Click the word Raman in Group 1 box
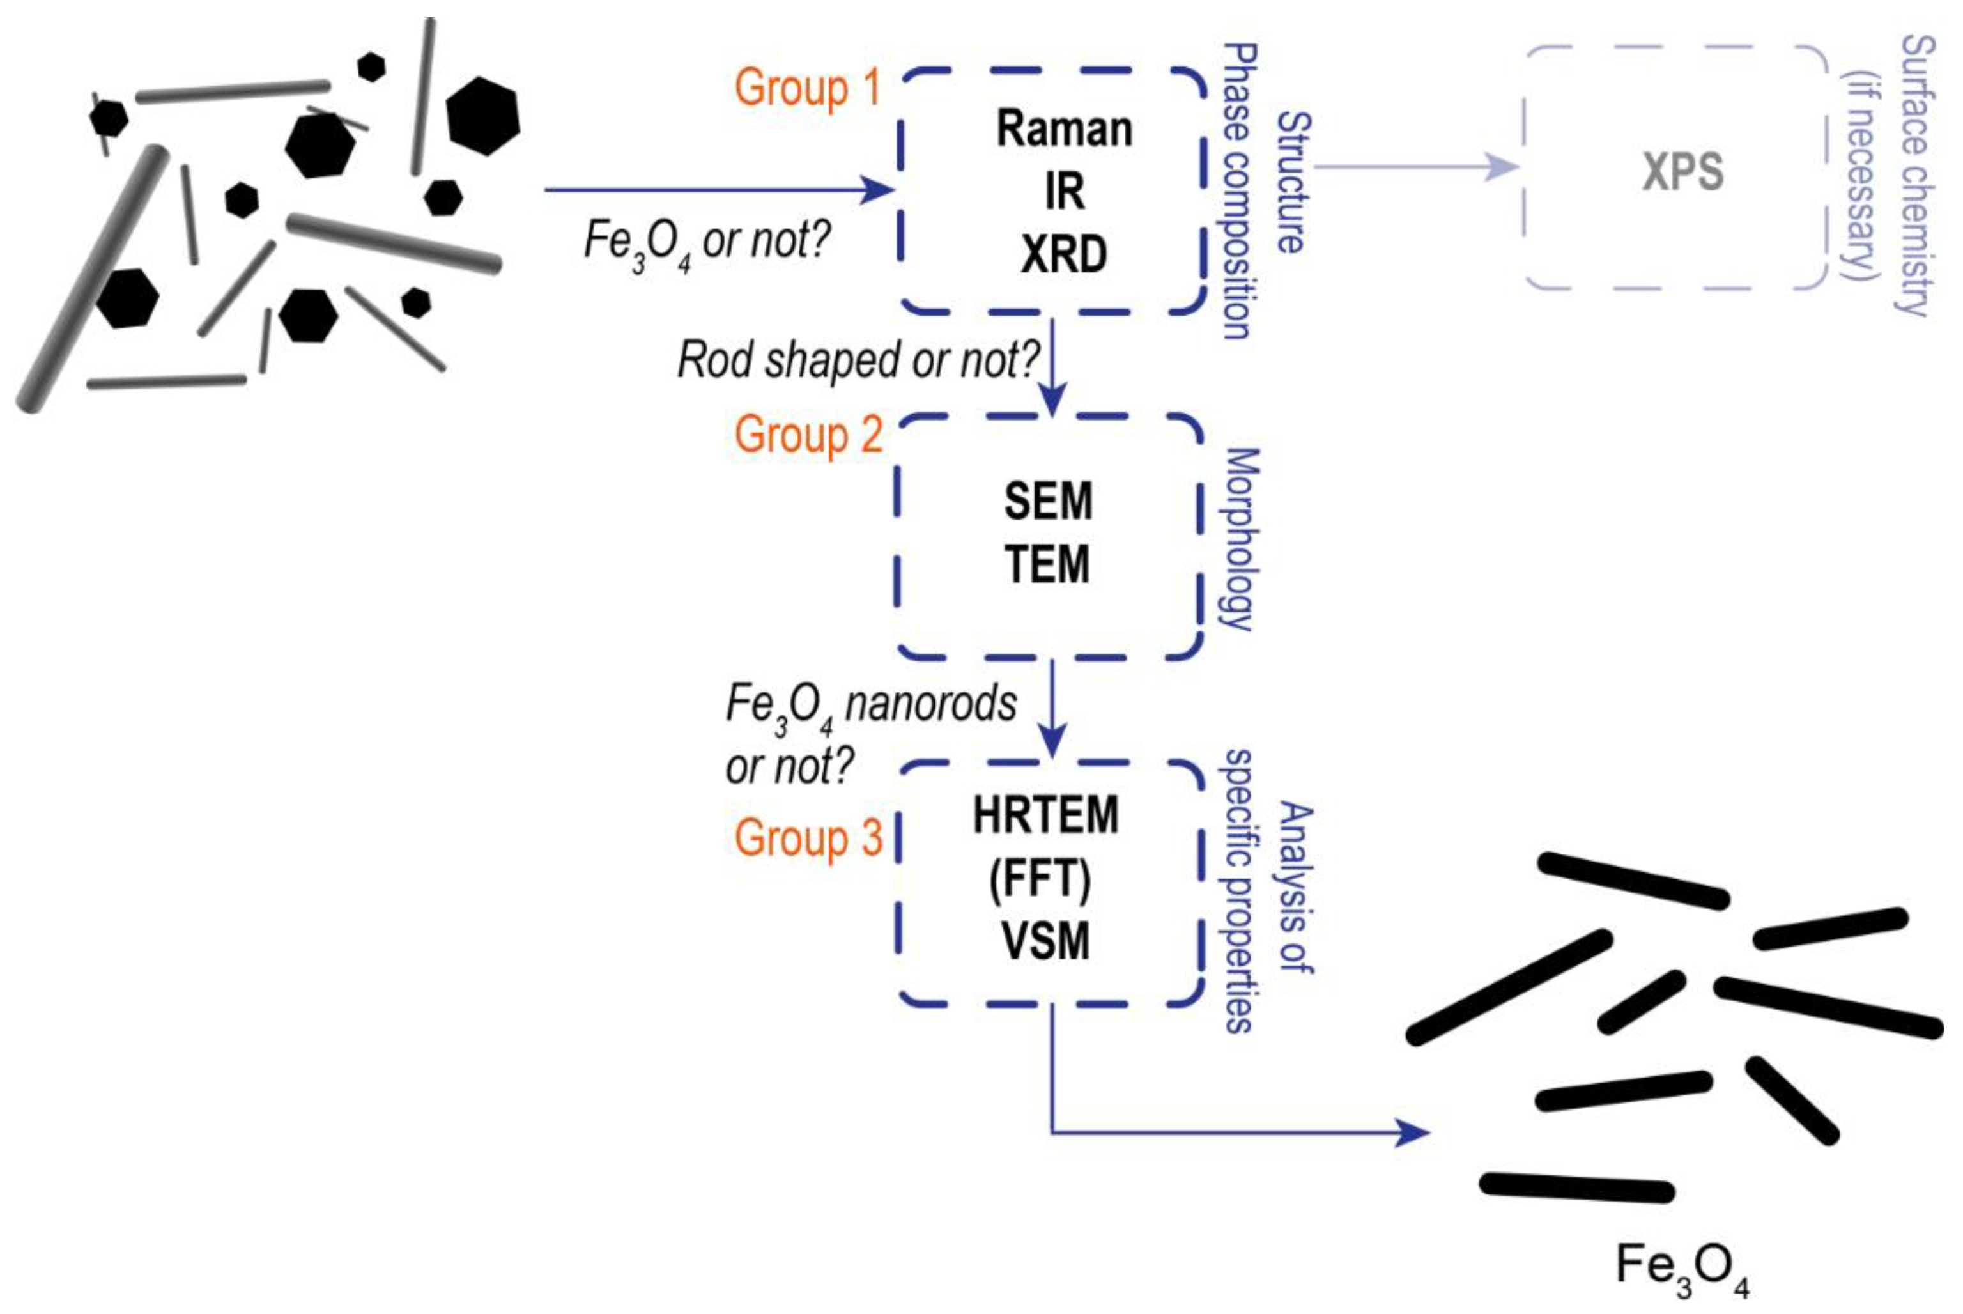pos(1064,130)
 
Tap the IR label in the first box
pos(1064,192)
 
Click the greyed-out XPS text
pos(1682,173)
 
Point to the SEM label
pos(1048,501)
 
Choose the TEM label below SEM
pos(1048,564)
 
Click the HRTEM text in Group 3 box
pos(1045,815)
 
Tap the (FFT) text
pos(1040,879)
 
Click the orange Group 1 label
pos(808,88)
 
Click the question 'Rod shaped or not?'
pos(858,360)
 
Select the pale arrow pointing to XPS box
pos(1416,167)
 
